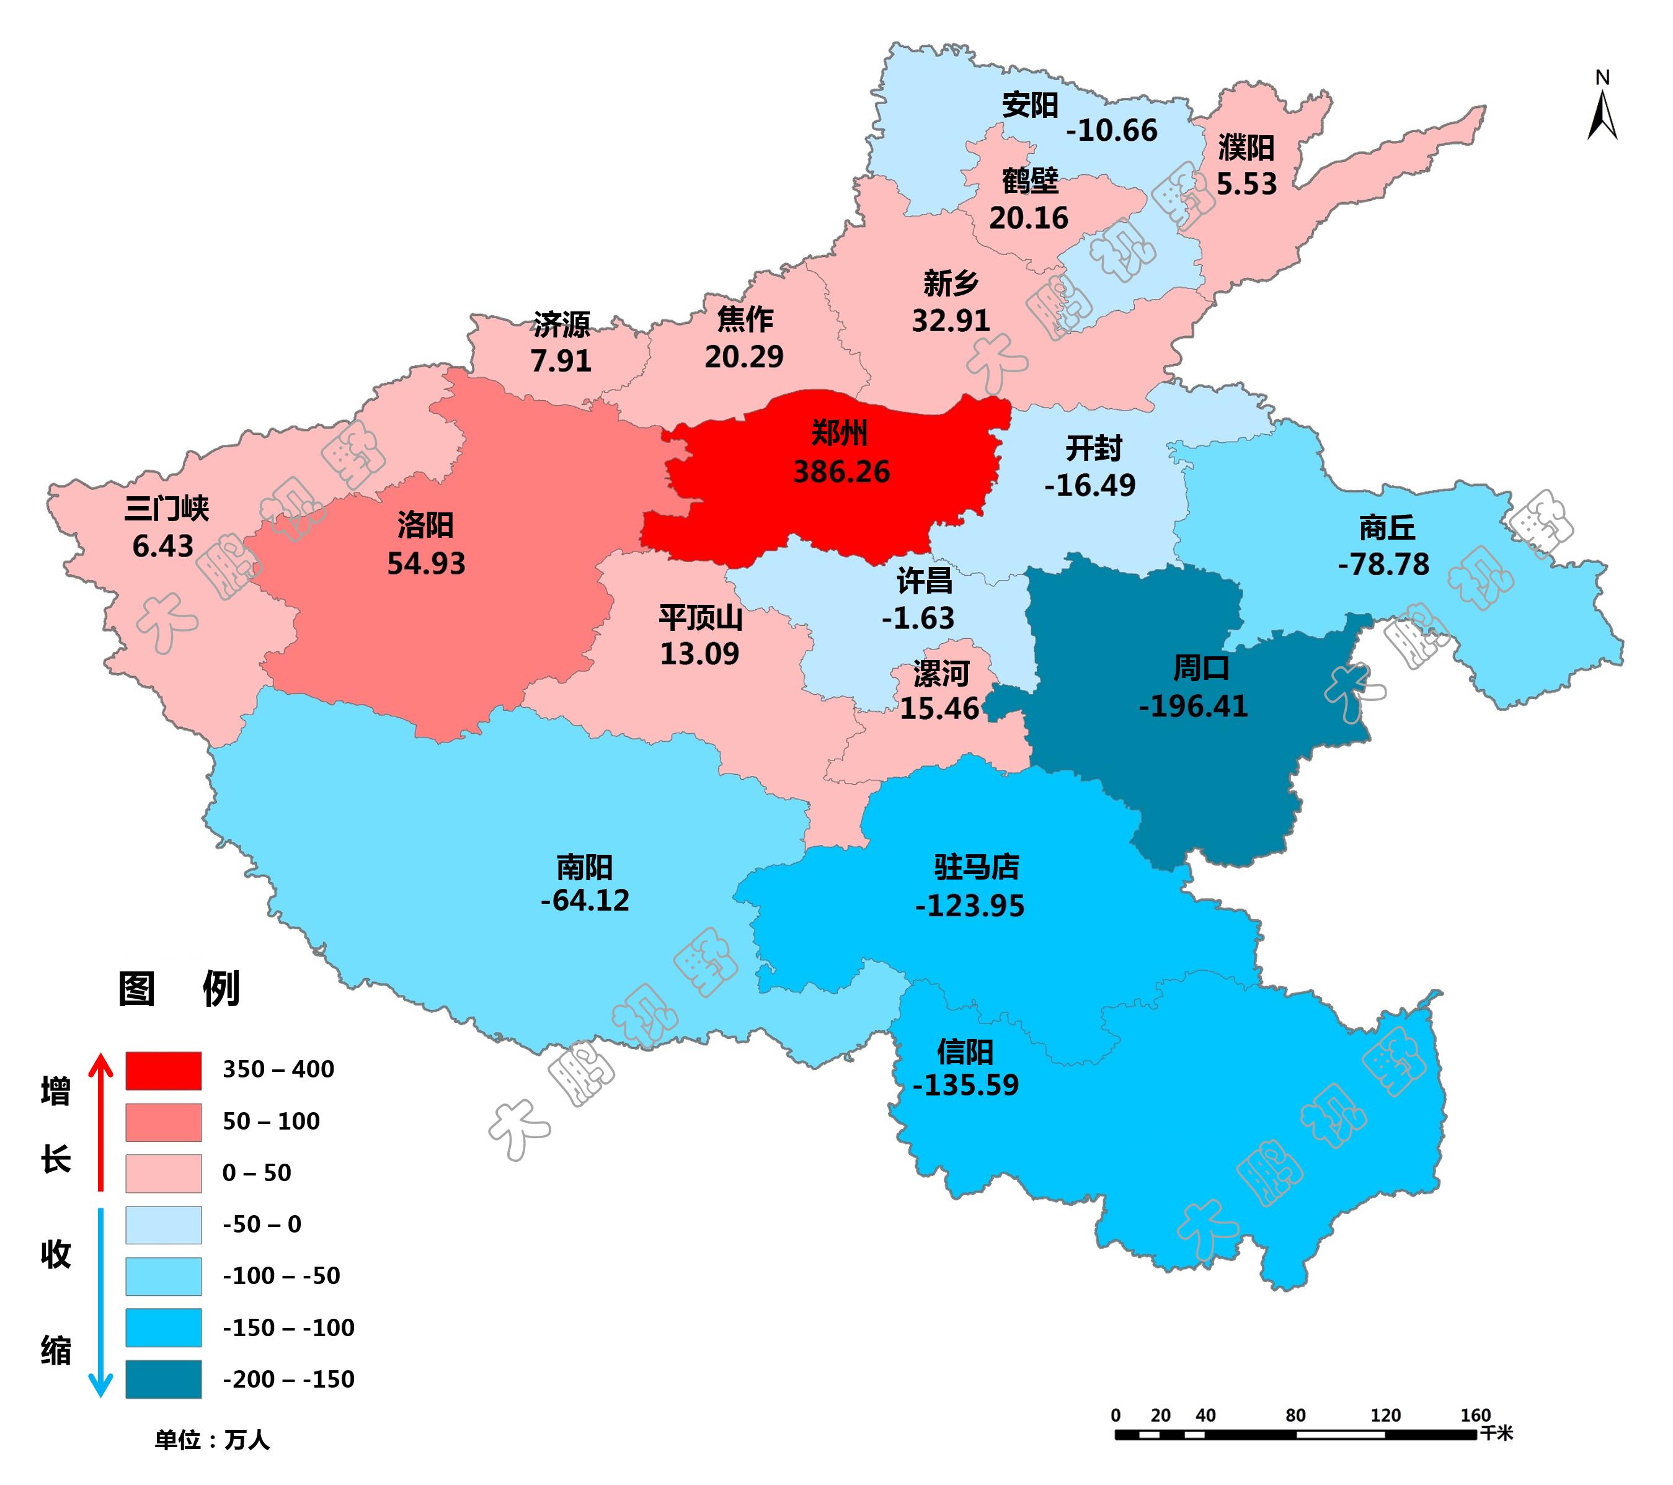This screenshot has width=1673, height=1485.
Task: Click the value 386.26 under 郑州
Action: (x=841, y=471)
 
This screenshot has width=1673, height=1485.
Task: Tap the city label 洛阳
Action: (x=425, y=525)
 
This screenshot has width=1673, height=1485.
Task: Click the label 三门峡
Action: (x=166, y=509)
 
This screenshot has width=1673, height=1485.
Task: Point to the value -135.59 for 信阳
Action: (x=966, y=1085)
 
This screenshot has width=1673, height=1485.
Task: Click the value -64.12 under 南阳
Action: (x=585, y=901)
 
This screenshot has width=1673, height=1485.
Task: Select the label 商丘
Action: (x=1387, y=528)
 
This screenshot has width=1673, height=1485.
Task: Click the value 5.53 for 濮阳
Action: (x=1246, y=184)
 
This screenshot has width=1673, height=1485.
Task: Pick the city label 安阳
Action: (x=1030, y=105)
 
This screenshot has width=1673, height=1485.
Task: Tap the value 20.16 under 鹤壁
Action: (x=1028, y=218)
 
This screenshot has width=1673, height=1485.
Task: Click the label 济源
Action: (x=561, y=325)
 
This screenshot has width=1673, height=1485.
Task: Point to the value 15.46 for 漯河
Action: (x=939, y=708)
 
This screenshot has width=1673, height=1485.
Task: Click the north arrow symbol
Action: (x=1602, y=115)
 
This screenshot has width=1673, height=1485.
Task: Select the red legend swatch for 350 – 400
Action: (x=163, y=1070)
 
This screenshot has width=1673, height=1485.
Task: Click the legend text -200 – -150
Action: (x=288, y=1380)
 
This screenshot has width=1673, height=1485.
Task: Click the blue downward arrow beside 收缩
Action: (x=100, y=1301)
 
